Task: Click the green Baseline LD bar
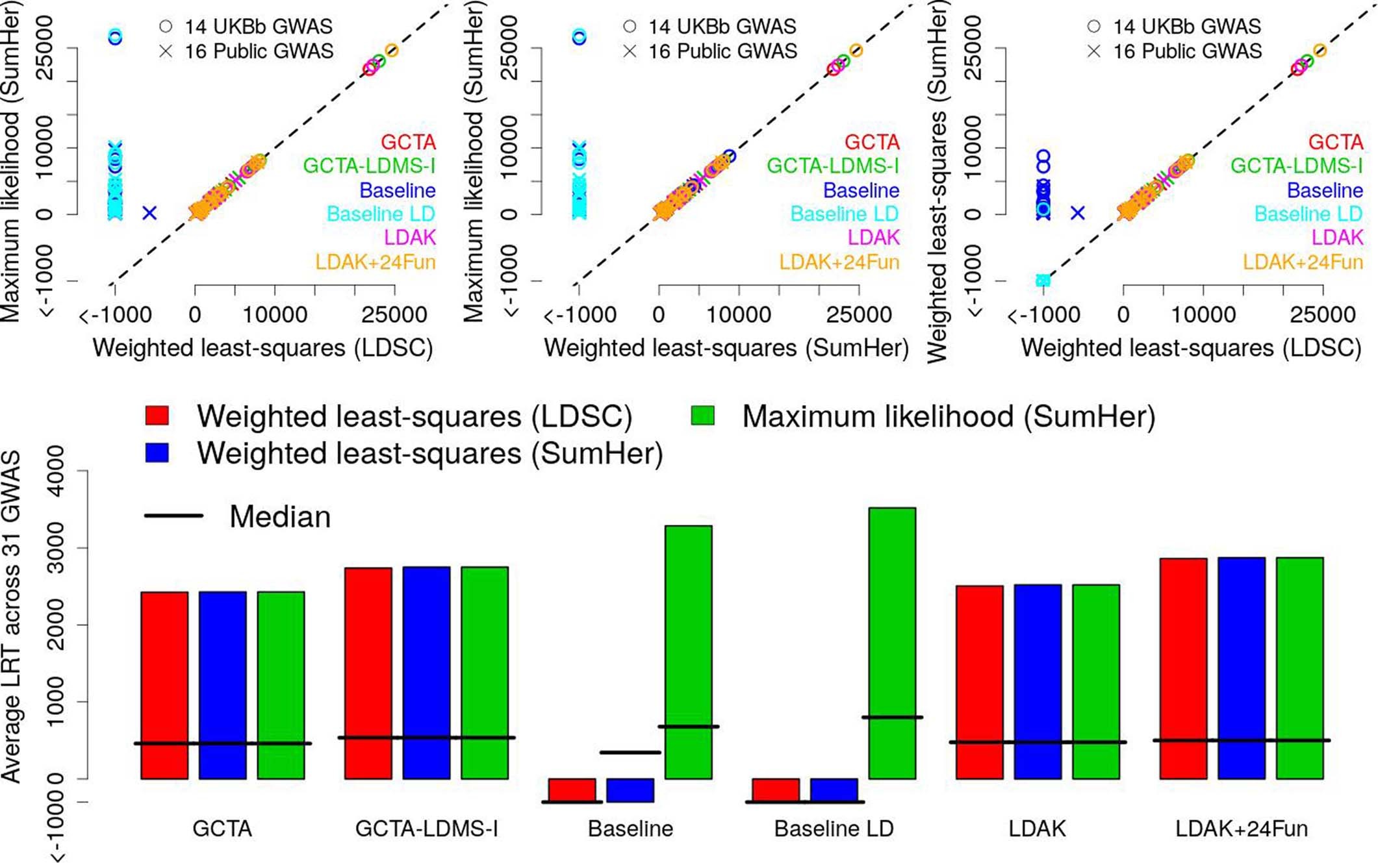(892, 643)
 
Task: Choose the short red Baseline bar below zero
(572, 790)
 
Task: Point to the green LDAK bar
(1095, 681)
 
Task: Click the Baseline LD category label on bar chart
(834, 829)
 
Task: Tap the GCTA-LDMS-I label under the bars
(426, 829)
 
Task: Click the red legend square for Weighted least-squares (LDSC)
(157, 416)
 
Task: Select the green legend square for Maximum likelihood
(702, 416)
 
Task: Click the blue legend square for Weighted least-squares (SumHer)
(157, 453)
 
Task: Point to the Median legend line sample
(173, 516)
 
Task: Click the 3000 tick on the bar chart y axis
(57, 547)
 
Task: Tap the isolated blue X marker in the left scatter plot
(149, 212)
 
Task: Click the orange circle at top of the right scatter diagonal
(1319, 51)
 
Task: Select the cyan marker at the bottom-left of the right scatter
(1043, 280)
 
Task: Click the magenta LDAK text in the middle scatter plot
(873, 238)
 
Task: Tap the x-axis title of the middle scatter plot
(726, 348)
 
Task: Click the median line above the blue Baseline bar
(630, 753)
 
